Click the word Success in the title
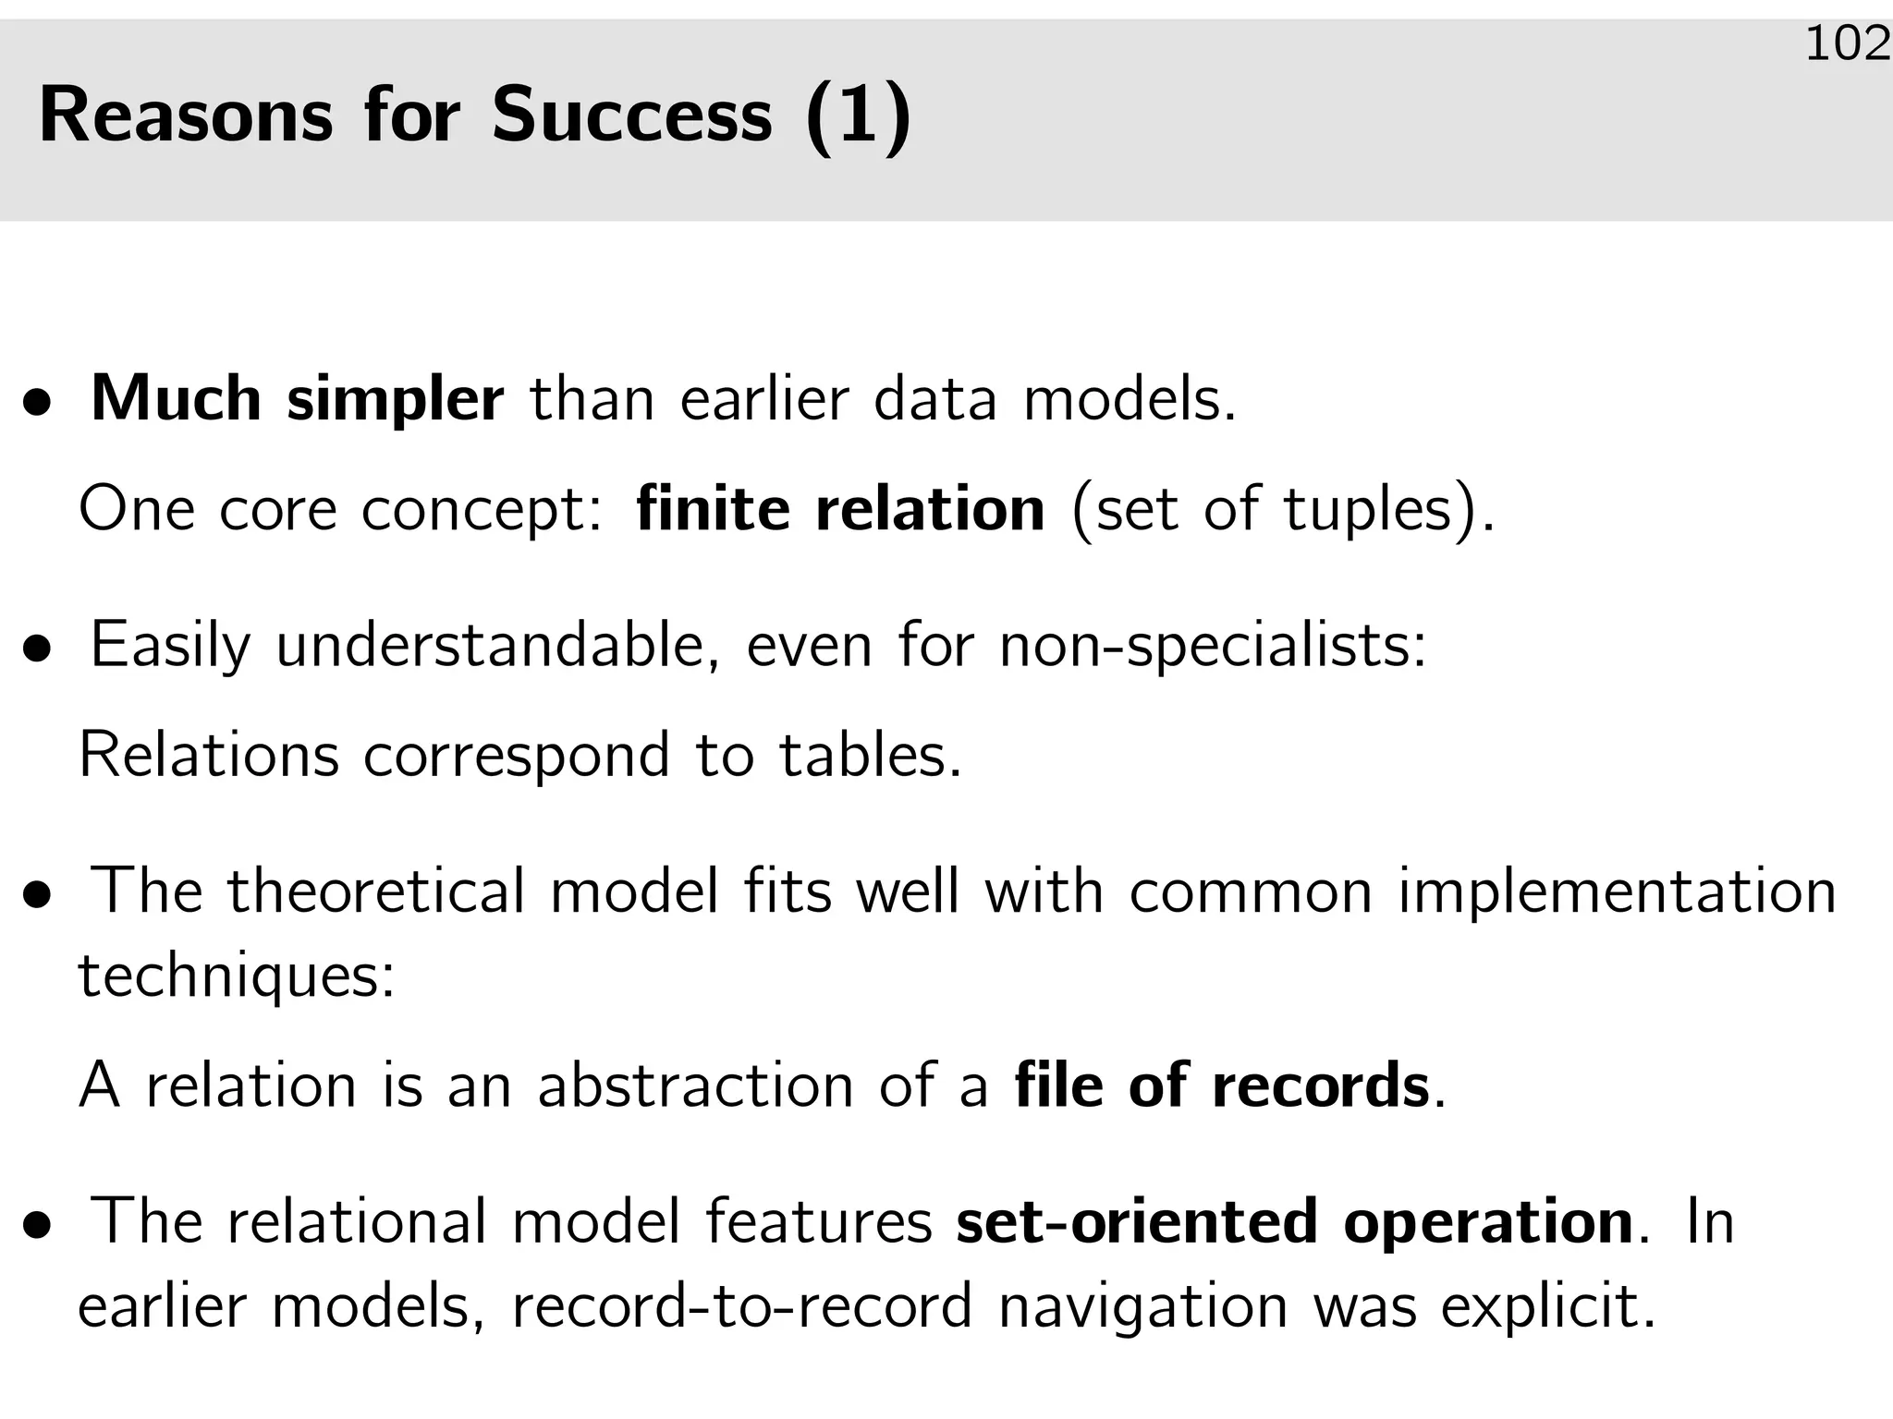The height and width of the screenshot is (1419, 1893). point(631,115)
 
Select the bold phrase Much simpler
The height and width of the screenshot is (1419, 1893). point(297,399)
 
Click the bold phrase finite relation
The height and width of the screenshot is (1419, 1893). point(840,509)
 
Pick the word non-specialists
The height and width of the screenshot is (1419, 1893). point(1213,646)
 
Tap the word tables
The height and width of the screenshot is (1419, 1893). point(870,755)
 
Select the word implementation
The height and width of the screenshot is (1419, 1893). point(1617,892)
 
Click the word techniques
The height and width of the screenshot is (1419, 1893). point(237,976)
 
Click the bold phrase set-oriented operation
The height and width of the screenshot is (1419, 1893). point(1294,1221)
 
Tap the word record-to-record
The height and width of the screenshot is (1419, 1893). point(742,1306)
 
